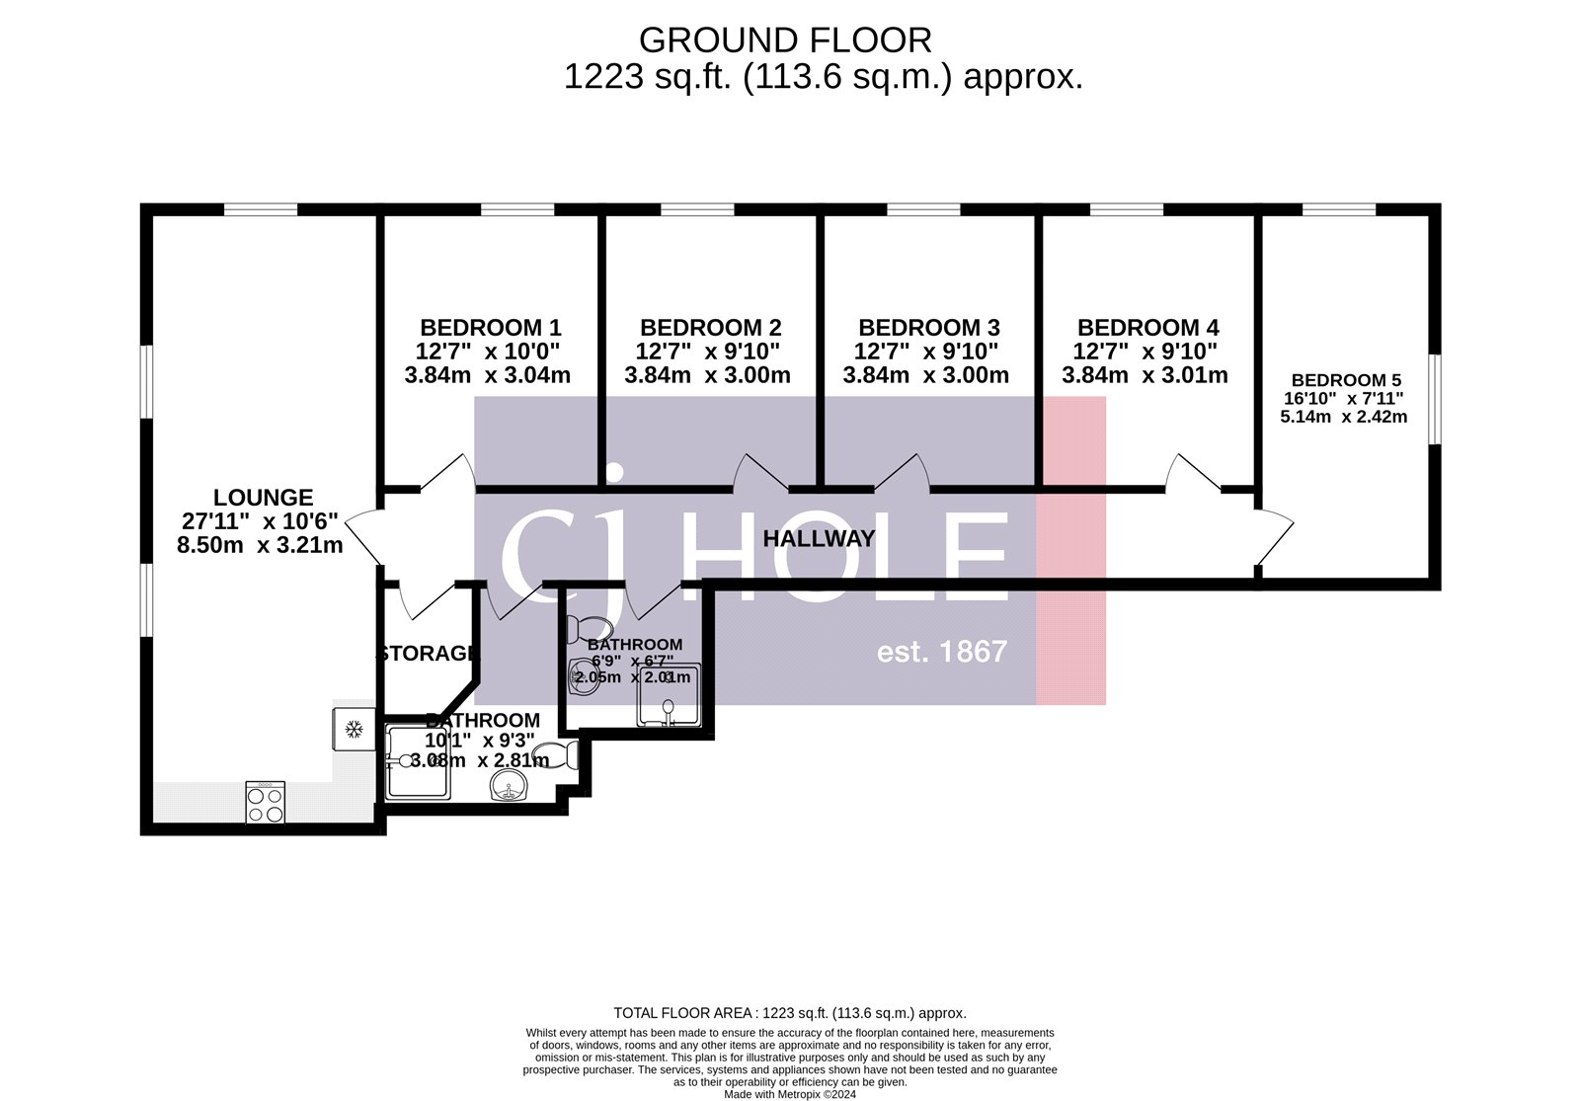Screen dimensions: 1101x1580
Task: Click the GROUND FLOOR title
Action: (785, 40)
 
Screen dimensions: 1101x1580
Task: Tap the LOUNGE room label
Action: (263, 498)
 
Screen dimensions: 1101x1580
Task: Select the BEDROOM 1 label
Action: (490, 328)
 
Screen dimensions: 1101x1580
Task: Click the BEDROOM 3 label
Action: (928, 328)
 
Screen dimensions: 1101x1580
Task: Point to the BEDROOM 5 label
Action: (1345, 380)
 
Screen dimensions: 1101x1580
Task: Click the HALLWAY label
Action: (819, 539)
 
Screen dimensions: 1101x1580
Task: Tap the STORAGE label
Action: (429, 654)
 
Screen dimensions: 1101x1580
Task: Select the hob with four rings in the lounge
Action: (266, 802)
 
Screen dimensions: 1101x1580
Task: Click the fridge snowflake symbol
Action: (353, 730)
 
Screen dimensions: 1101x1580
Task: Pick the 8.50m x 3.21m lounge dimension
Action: (260, 545)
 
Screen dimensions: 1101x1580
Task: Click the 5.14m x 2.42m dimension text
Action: (1343, 417)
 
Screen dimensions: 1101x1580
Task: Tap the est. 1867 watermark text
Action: (942, 652)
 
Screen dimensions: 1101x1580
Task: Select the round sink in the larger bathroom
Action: (509, 787)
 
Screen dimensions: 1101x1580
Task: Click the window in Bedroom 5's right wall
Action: (1435, 398)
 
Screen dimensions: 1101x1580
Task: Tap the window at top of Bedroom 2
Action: (697, 209)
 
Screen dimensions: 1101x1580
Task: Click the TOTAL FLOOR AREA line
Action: (789, 1013)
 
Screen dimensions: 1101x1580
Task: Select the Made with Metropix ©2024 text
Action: (789, 1094)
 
